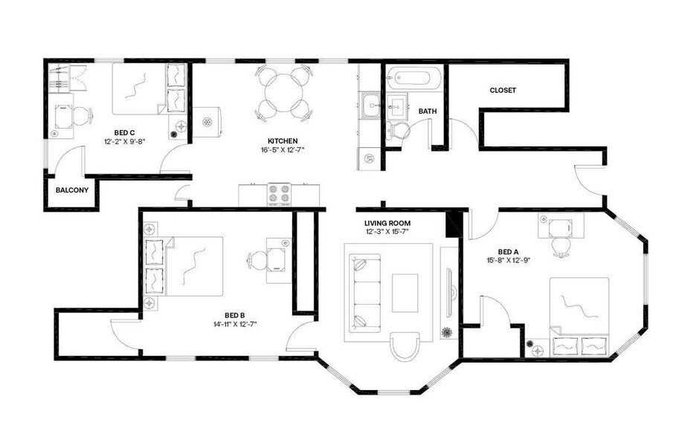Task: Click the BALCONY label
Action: [72, 190]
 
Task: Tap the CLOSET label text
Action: [503, 91]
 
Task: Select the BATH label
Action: [428, 111]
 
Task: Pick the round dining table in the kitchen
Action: [283, 91]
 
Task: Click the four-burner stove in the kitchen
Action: [280, 194]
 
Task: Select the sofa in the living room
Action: [364, 291]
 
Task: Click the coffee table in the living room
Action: [405, 292]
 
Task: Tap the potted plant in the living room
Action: [447, 332]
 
